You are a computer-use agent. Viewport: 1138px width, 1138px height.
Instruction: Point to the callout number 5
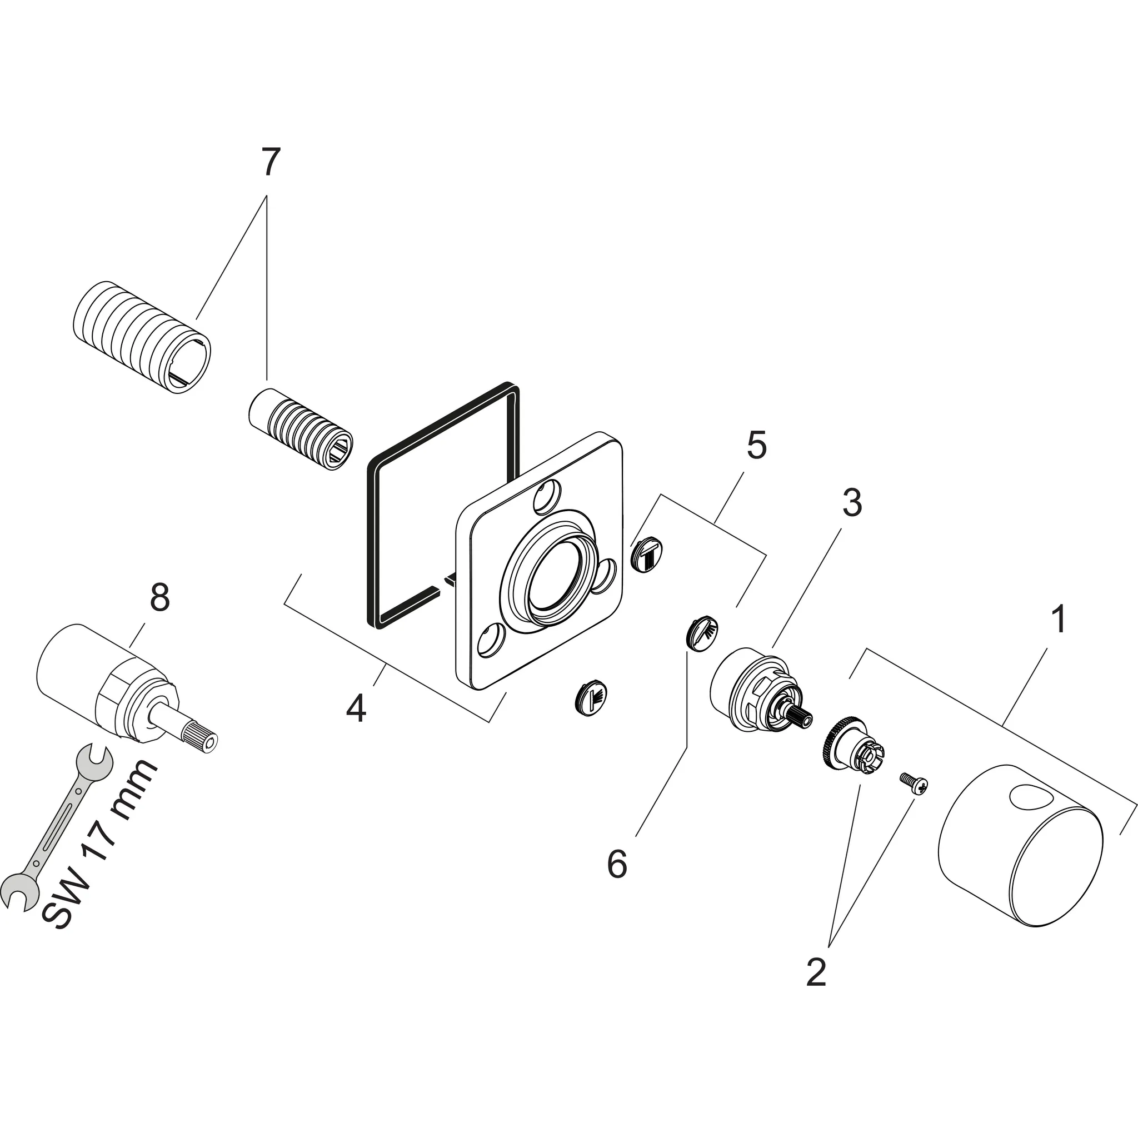point(757,445)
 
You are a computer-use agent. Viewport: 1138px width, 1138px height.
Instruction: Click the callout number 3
point(852,502)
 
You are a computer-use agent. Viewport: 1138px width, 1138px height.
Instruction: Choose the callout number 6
point(617,864)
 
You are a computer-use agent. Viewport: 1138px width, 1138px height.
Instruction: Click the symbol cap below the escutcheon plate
point(591,698)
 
